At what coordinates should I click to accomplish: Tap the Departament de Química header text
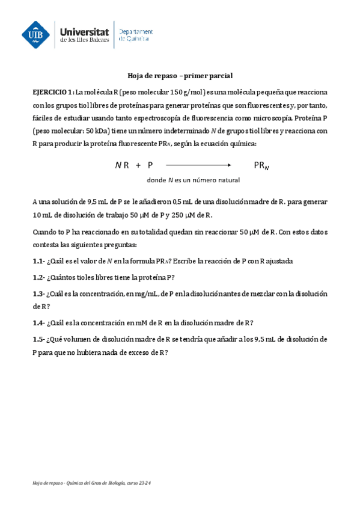(135, 35)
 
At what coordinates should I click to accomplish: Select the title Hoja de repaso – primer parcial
(180, 76)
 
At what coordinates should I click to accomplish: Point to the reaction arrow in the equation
(198, 164)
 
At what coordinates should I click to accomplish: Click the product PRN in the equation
(261, 165)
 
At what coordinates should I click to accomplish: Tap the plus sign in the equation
(138, 164)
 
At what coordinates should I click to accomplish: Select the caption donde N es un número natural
(193, 180)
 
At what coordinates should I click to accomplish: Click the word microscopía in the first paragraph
(276, 118)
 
